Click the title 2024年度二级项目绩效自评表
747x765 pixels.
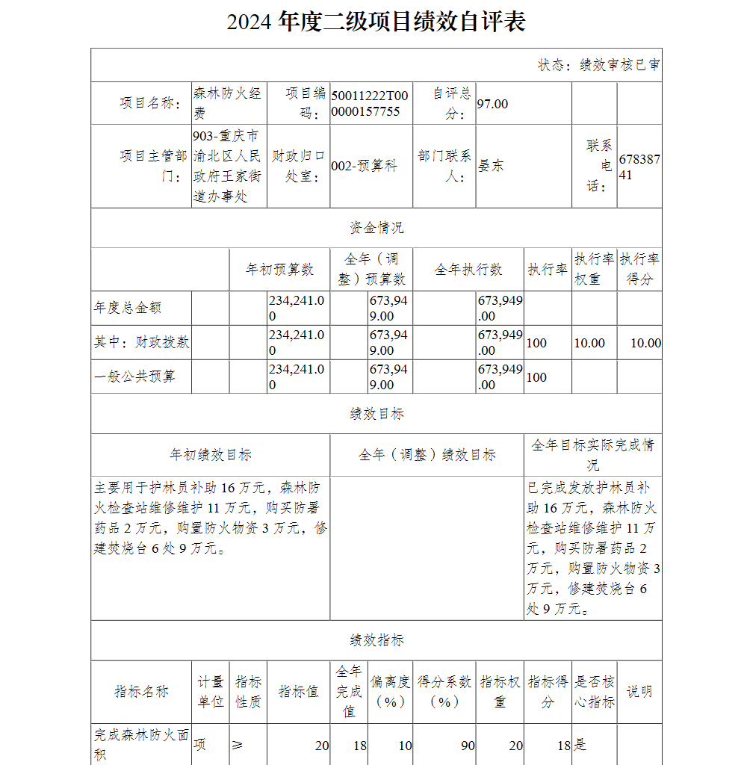[376, 22]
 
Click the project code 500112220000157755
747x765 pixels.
[370, 104]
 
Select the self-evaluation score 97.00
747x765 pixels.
[492, 104]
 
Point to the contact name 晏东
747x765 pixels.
[491, 166]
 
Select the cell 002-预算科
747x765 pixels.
[364, 166]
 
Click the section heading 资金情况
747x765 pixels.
[376, 228]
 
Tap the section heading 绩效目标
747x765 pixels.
[376, 414]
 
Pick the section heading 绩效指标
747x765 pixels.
[376, 640]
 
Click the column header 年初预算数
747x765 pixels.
[279, 269]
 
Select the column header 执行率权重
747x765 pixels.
[594, 269]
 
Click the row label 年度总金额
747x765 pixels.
[128, 308]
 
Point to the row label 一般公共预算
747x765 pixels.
[134, 377]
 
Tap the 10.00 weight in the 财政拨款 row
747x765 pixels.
[589, 343]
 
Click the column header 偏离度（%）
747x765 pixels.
[390, 692]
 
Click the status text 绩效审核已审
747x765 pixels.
[598, 65]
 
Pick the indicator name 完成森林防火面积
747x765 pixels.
[140, 745]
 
